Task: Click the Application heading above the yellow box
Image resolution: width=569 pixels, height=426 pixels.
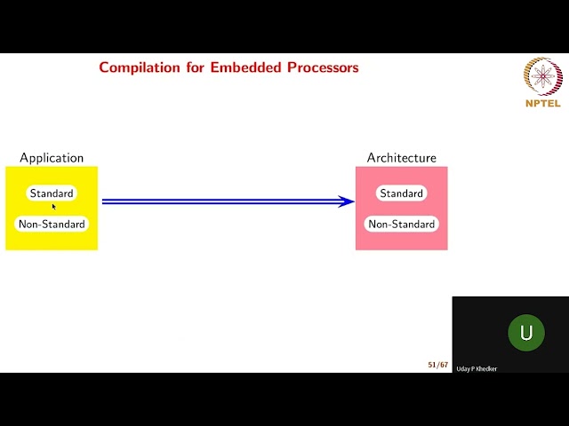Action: [52, 158]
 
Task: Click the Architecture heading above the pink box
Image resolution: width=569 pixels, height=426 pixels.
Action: [402, 158]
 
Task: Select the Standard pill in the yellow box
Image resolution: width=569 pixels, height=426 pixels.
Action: [52, 193]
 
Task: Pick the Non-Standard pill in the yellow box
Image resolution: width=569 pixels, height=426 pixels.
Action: [52, 225]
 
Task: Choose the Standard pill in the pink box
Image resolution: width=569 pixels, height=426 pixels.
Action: [402, 193]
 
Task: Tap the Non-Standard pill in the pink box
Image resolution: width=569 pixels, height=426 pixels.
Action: [402, 225]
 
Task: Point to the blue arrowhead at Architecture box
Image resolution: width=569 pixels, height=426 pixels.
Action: [349, 201]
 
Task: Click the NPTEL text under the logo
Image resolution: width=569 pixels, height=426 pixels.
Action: [542, 103]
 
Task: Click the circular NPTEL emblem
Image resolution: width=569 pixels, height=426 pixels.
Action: [541, 76]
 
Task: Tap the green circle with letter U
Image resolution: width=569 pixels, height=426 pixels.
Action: [525, 333]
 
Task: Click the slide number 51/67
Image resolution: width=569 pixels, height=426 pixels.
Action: [437, 365]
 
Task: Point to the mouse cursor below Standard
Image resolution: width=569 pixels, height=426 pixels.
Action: [53, 206]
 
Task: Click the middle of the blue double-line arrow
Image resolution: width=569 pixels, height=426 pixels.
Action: [227, 201]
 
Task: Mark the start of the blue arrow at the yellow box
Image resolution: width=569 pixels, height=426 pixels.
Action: [104, 201]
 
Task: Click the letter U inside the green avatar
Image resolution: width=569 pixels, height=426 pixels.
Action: [525, 333]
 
